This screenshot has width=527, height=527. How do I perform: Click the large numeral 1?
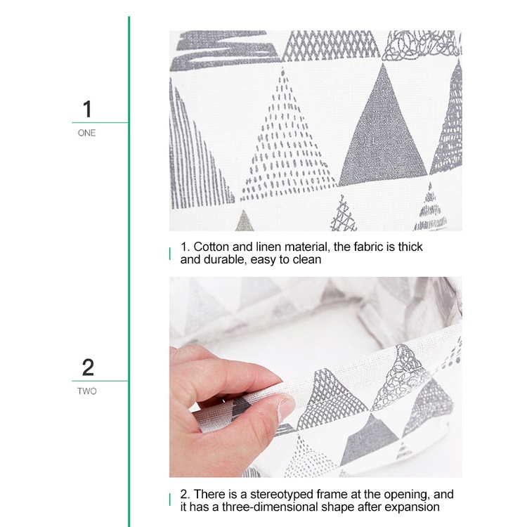[87, 108]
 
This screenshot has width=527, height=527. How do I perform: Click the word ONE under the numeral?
[86, 133]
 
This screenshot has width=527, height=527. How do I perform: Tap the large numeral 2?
[88, 367]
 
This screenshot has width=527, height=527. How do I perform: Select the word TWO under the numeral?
[87, 391]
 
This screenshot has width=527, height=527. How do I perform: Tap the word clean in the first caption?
[307, 259]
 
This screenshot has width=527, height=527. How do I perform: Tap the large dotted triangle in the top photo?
[287, 141]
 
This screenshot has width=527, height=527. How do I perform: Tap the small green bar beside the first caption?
[170, 254]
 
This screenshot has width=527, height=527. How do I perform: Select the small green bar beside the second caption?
[170, 500]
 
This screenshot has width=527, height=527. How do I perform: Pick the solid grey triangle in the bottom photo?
[370, 441]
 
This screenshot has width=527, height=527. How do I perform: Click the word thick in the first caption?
[410, 247]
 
